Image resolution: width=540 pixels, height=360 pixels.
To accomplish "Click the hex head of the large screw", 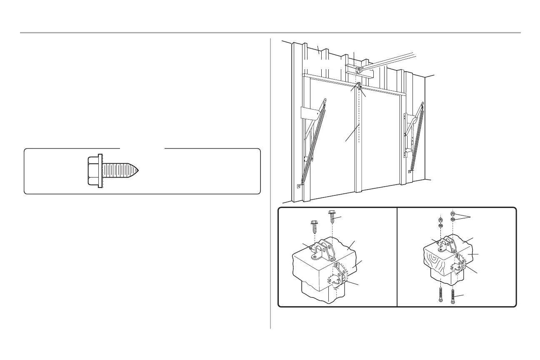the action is (x=93, y=171).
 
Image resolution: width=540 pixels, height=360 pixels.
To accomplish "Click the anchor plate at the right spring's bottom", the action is (x=411, y=171).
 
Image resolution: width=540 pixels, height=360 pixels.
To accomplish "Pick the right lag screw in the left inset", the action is (x=332, y=217).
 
